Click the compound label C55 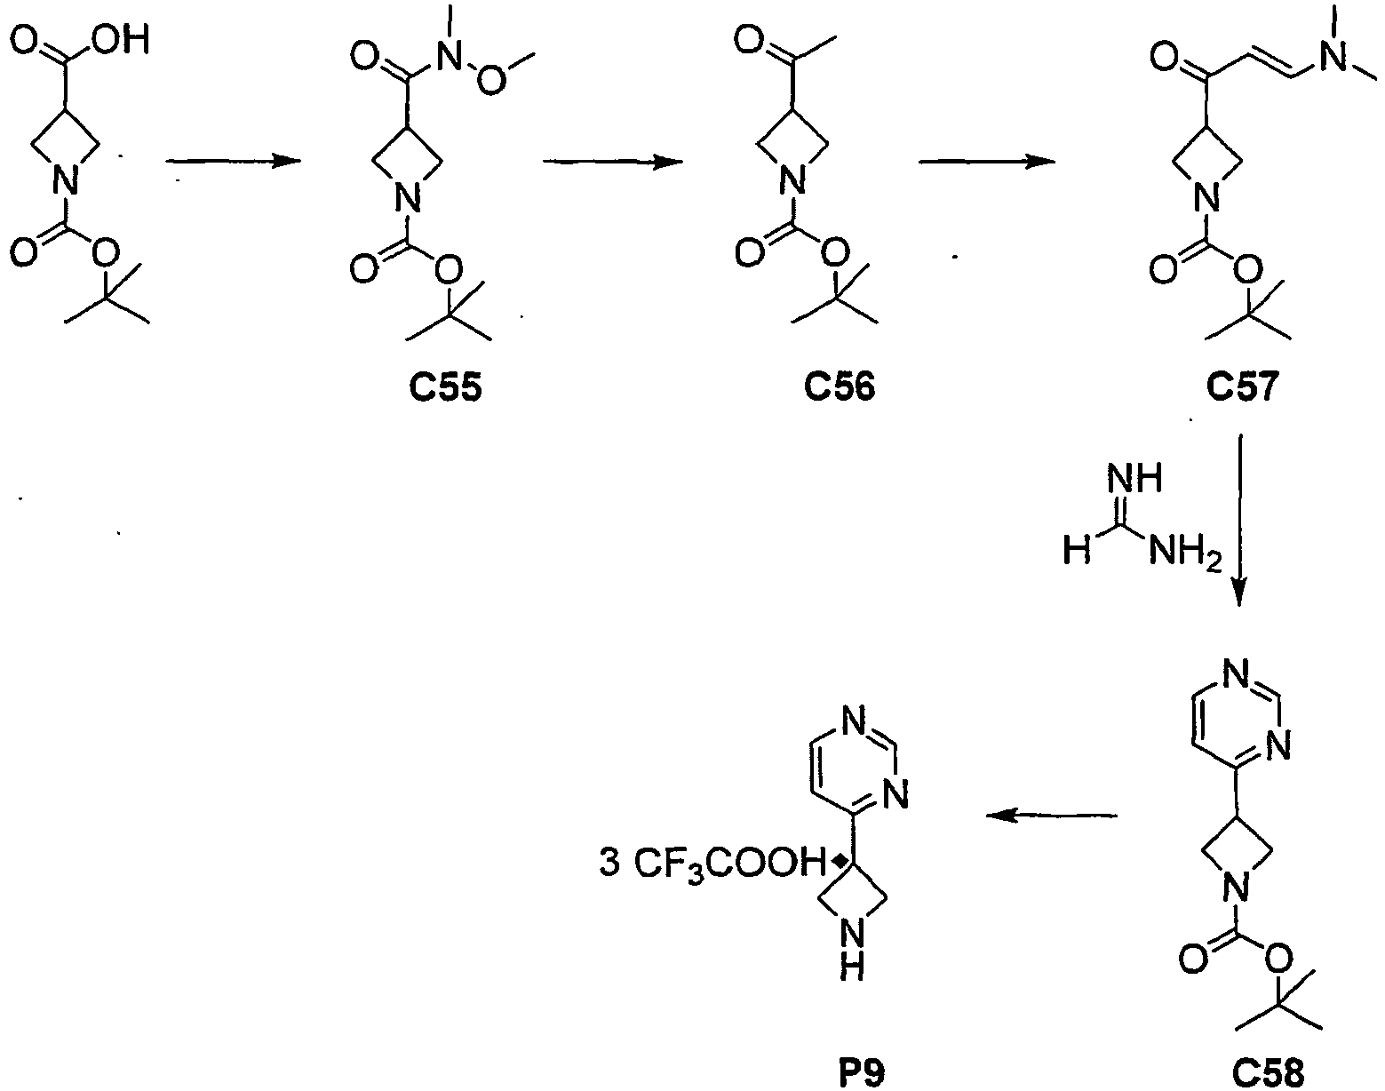coord(445,388)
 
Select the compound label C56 coord(840,388)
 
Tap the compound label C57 coord(1242,388)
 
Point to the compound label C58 coord(1268,1073)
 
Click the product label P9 coord(861,1073)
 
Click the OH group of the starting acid coord(120,40)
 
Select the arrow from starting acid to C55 coord(234,161)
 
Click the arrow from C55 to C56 coord(612,161)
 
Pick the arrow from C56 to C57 coord(987,161)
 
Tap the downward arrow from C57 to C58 coord(1239,520)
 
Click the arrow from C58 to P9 coord(1052,816)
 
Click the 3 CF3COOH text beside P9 coord(712,864)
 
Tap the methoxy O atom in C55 coord(490,81)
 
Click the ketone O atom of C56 coord(749,41)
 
